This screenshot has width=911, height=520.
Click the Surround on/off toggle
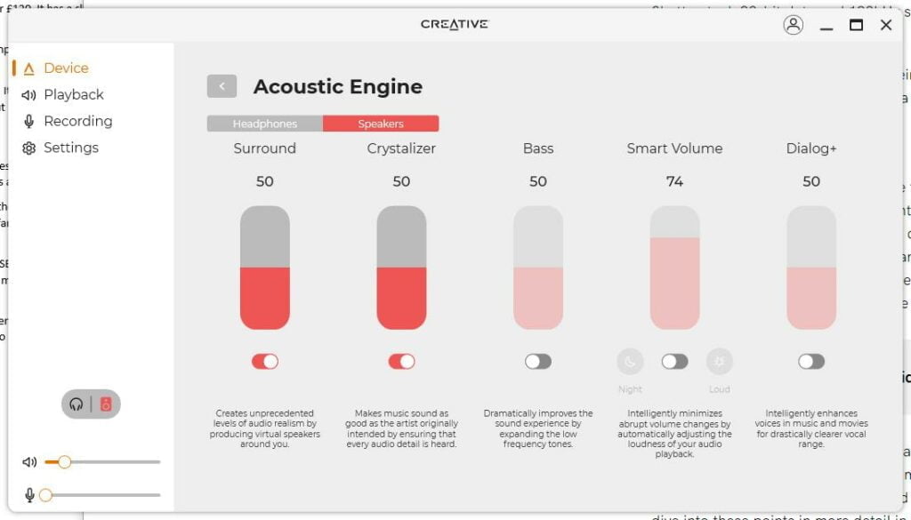(264, 361)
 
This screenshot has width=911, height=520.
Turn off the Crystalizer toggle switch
(401, 361)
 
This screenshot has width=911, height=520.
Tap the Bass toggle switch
(538, 361)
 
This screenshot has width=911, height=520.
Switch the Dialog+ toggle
(811, 361)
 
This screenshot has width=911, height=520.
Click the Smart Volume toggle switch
(674, 361)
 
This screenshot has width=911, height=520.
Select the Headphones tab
(265, 124)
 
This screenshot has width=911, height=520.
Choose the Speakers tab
(381, 124)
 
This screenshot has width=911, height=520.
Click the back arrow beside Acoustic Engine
(222, 86)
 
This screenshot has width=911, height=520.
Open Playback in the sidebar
(73, 94)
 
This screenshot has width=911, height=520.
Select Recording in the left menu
(77, 121)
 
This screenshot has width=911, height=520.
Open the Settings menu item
(70, 148)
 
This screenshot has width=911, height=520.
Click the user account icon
(793, 25)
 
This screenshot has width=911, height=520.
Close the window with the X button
(886, 25)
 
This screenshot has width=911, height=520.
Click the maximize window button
(856, 25)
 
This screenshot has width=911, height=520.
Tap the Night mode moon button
(630, 361)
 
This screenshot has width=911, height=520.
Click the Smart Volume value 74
(674, 181)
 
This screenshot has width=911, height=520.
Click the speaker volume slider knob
(64, 461)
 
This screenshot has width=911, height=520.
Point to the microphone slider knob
(45, 494)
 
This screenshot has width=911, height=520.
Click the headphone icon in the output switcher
(77, 404)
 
